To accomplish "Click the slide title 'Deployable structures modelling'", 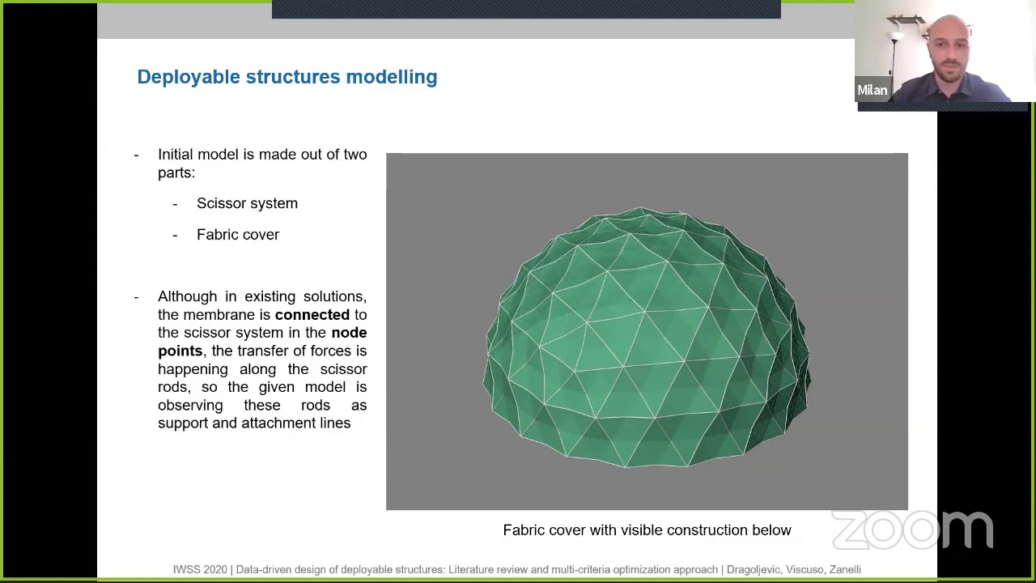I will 287,77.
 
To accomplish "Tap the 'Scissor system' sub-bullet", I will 247,203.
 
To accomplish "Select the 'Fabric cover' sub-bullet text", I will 238,235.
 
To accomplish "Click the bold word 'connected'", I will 312,315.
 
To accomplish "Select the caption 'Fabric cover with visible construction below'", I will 647,530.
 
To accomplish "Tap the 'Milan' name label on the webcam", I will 872,91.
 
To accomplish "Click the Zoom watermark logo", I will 912,530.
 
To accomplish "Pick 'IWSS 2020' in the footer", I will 200,570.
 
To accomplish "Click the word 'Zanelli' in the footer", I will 844,570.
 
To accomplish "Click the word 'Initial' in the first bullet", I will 176,155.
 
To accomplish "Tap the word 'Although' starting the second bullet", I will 187,296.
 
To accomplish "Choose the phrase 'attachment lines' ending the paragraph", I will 295,423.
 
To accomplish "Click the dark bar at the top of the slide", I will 526,9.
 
